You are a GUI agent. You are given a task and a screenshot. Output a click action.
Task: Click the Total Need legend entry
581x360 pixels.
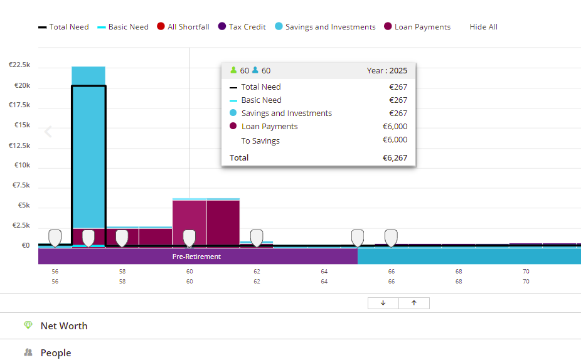point(64,27)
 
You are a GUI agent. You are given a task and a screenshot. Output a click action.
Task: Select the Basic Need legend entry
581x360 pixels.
point(123,27)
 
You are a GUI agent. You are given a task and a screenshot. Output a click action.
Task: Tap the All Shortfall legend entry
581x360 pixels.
point(183,27)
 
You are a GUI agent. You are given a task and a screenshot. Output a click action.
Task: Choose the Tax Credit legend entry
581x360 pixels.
point(242,27)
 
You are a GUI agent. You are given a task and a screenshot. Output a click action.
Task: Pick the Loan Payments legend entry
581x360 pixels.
point(417,27)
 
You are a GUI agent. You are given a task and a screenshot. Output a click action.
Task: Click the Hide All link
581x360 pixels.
point(484,27)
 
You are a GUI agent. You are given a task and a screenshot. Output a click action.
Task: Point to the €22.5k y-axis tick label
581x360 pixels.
point(19,65)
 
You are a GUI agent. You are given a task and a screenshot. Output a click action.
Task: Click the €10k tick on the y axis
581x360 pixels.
point(22,165)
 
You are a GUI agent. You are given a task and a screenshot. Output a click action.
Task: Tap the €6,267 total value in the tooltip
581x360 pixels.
point(395,158)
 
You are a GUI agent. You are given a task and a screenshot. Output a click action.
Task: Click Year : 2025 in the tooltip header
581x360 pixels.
point(387,71)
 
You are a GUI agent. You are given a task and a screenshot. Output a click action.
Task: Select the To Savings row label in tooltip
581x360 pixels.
point(260,140)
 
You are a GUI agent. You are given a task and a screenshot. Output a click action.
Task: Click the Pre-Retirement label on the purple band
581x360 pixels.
point(197,257)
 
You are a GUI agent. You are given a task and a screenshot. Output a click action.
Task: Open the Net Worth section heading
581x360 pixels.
point(64,326)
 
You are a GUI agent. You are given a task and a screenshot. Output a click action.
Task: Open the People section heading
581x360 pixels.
point(56,353)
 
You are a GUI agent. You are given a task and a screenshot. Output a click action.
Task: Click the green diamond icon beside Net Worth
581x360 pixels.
point(28,325)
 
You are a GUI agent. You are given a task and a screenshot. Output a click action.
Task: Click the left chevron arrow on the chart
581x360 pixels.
point(48,132)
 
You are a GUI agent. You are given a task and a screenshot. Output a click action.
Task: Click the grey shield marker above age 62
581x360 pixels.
point(257,238)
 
